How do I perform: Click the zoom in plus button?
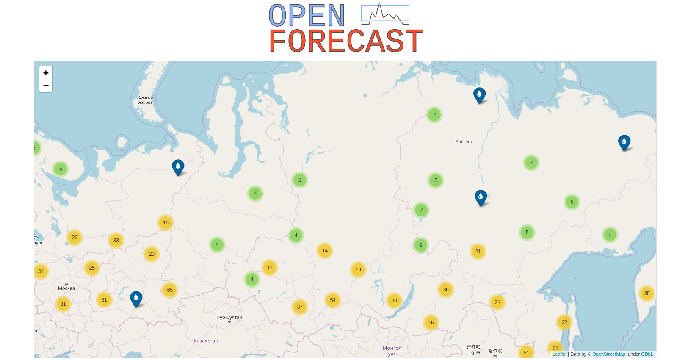click(x=46, y=73)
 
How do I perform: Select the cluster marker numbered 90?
click(x=394, y=301)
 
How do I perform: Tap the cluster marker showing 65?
click(x=170, y=290)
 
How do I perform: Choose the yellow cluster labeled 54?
click(x=333, y=300)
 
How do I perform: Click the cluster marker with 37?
click(x=300, y=307)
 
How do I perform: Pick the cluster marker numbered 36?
click(x=446, y=290)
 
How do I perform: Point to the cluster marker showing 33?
click(x=116, y=241)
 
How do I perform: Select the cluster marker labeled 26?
click(x=75, y=238)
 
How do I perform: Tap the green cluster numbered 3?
click(x=300, y=180)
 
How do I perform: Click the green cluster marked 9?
click(x=421, y=245)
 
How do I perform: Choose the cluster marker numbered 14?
click(x=325, y=251)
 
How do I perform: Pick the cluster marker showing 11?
click(x=270, y=268)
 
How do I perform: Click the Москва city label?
click(x=66, y=288)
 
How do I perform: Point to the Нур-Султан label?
click(x=229, y=317)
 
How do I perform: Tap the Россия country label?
click(x=463, y=142)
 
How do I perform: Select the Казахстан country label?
click(x=206, y=341)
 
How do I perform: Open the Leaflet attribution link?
click(x=559, y=354)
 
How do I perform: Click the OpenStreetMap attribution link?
click(x=608, y=354)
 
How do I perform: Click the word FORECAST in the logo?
click(x=346, y=41)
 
